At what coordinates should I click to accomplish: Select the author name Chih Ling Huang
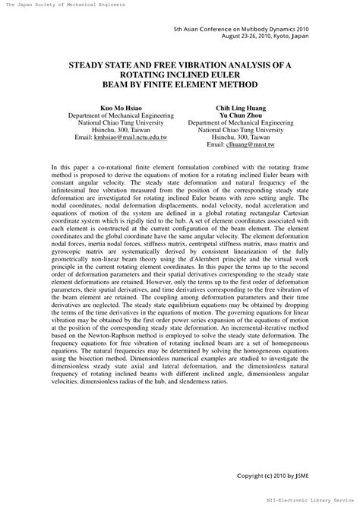[x=241, y=108]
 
